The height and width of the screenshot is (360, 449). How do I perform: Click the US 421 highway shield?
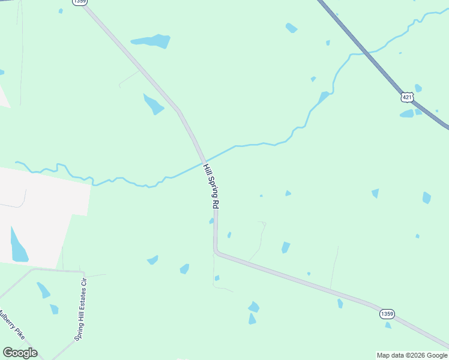(x=408, y=97)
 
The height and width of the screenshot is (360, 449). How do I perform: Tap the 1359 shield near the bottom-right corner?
(x=387, y=314)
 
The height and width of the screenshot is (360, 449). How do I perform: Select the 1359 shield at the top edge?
(x=79, y=2)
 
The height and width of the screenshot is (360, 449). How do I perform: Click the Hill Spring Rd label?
(x=211, y=186)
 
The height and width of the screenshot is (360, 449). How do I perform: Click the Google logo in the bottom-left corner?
(x=20, y=353)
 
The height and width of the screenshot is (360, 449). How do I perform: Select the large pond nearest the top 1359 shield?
(x=151, y=41)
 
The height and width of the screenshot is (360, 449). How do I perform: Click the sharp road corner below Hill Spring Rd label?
(x=216, y=251)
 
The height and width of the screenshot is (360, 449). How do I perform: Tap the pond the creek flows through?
(x=324, y=97)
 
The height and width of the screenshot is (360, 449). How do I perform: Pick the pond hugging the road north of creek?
(x=153, y=104)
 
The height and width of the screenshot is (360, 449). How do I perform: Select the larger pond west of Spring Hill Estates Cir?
(x=43, y=290)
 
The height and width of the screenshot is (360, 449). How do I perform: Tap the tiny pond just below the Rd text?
(x=211, y=221)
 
